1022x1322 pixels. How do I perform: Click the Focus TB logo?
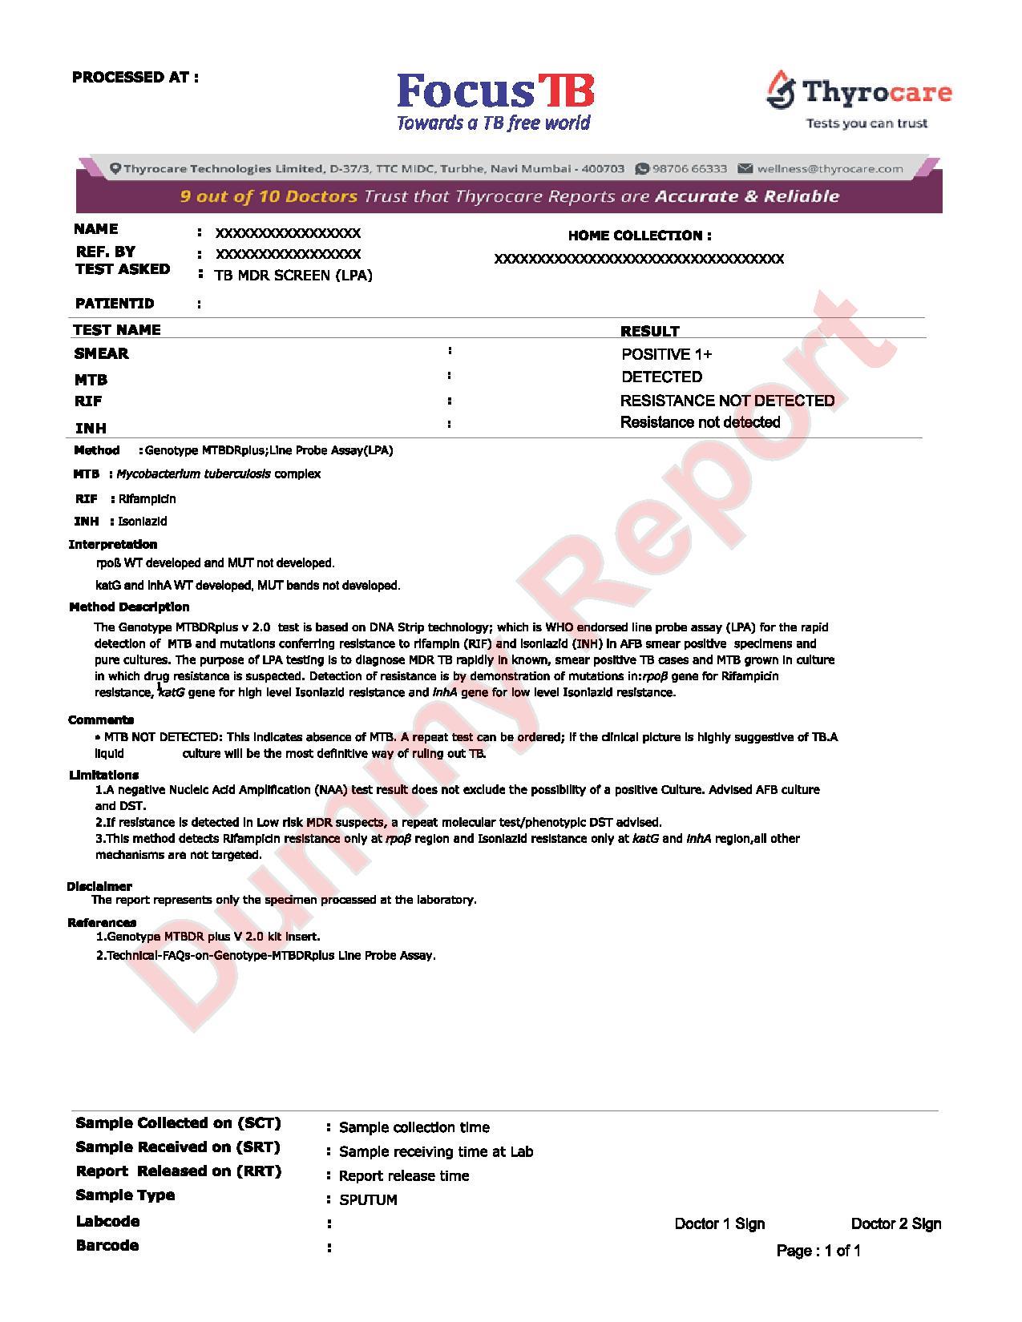(495, 101)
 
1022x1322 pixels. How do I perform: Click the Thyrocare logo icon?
(780, 90)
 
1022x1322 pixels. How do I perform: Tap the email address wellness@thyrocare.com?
(830, 169)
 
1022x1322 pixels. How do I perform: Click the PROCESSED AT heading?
(135, 78)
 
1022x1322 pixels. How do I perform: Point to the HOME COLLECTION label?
(640, 236)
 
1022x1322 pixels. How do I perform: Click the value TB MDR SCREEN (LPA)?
(293, 276)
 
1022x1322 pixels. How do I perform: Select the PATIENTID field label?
(115, 304)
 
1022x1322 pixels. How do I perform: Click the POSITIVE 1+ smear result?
(667, 354)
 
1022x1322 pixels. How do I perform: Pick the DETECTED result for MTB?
(662, 377)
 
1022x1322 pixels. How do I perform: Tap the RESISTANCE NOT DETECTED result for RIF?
(727, 401)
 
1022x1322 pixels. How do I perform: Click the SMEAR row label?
(101, 353)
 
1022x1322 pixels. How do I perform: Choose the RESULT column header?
(650, 331)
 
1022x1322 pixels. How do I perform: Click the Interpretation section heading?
(113, 545)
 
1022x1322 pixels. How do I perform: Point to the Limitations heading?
(104, 775)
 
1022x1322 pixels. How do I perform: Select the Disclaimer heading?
(99, 886)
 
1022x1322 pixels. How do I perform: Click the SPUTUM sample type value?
(368, 1200)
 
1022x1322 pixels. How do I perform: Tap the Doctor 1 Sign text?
(720, 1224)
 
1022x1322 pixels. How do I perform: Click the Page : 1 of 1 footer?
(818, 1251)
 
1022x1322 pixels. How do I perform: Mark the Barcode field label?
(107, 1246)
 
